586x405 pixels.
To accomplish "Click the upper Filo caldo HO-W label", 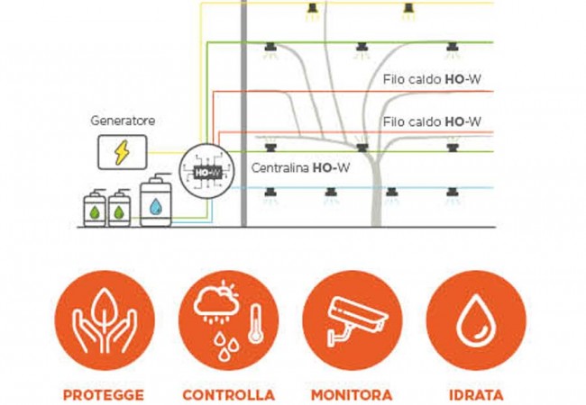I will (432, 79).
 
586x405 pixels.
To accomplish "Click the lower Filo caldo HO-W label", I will (432, 121).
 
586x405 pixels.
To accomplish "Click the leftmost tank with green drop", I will (95, 208).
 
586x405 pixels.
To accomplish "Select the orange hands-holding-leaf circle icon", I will (104, 321).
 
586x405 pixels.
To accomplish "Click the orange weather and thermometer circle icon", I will (227, 321).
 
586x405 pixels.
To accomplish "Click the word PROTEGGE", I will (104, 394).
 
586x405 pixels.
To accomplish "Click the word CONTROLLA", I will (227, 394).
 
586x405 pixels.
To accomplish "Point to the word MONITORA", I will (352, 394).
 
